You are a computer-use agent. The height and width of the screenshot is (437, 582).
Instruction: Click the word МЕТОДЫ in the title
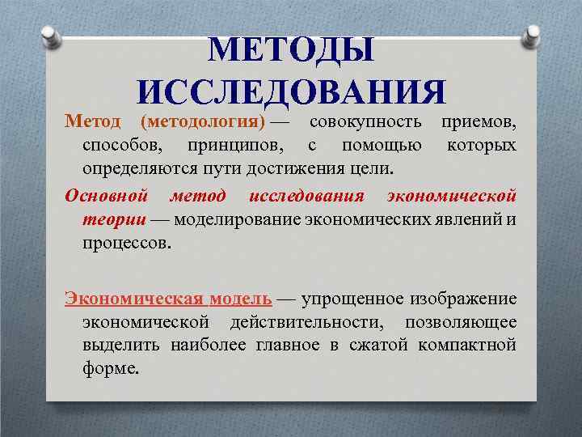(x=291, y=51)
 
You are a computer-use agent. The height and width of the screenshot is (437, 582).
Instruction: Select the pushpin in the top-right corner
(x=533, y=36)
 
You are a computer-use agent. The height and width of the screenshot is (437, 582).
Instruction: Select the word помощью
(x=381, y=146)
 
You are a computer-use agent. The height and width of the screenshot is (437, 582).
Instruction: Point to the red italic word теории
(x=114, y=219)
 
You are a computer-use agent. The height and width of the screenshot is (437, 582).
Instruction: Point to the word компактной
(x=467, y=346)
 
